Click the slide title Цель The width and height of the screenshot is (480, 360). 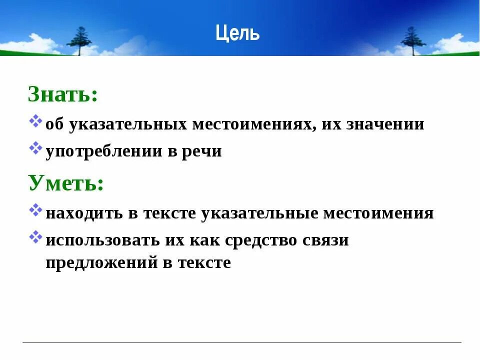238,33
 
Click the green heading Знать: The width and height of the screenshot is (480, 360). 62,94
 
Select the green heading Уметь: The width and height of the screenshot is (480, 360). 66,183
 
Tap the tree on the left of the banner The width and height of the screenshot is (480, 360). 79,40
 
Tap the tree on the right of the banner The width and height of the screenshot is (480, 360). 413,40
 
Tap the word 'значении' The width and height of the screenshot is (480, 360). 385,124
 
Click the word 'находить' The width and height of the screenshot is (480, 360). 84,213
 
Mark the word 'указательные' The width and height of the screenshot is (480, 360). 259,213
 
